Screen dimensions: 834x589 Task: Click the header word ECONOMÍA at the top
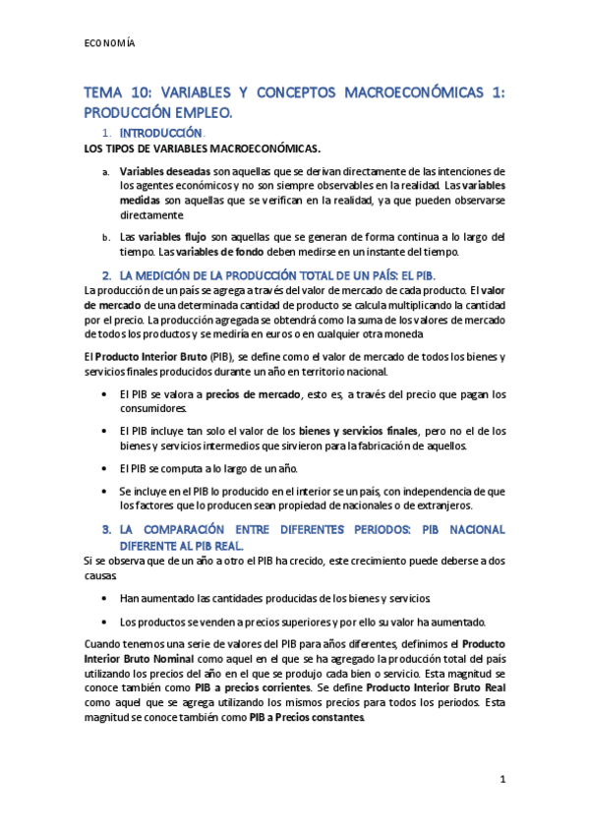coord(108,43)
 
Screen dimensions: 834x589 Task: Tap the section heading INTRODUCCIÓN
coord(160,133)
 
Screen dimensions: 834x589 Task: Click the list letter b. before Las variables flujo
coord(106,238)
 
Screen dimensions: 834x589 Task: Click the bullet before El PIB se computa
coord(105,467)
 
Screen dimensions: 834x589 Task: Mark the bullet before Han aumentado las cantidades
coord(105,598)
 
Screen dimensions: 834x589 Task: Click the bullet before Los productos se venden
coord(105,622)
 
